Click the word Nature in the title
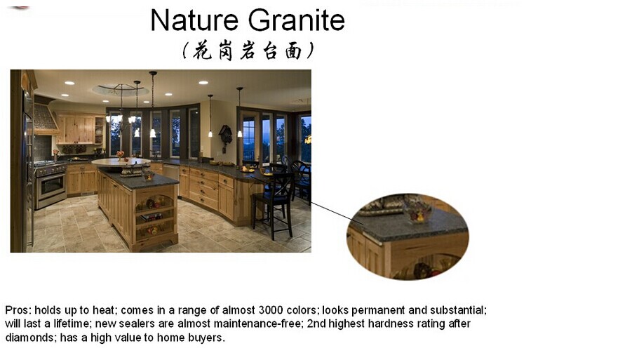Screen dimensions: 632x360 [194, 20]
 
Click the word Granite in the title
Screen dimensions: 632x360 [296, 20]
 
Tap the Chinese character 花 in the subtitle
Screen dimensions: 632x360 [202, 51]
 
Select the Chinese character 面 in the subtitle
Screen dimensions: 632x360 [293, 51]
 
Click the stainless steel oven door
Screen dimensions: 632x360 [52, 186]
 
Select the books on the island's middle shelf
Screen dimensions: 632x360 [152, 218]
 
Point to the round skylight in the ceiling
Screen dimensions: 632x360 [120, 89]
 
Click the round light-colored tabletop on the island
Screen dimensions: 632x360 [121, 161]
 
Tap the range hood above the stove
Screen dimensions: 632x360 [43, 118]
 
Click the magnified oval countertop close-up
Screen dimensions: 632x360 [408, 236]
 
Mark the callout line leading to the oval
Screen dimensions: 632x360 [332, 212]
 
